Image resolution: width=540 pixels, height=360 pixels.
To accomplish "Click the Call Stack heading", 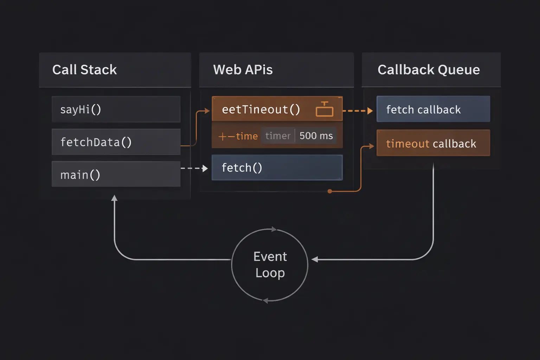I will coord(84,70).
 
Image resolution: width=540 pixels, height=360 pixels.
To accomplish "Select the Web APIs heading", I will coord(243,70).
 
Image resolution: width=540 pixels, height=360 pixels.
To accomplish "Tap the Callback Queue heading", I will coord(428,70).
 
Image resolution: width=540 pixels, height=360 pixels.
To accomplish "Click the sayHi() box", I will coord(116,109).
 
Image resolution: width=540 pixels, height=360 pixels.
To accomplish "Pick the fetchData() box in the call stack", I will coord(116,142).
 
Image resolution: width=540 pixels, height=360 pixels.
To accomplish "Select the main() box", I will coord(116,174).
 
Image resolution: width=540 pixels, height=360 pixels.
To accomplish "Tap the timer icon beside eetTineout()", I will coord(324,109).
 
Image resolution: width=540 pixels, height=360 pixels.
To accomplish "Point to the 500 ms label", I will coord(316,136).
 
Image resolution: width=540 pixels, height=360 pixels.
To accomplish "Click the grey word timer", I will coord(278,136).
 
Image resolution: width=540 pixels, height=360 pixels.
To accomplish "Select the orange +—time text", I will coord(238,136).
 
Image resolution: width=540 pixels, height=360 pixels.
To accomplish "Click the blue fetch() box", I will coord(277,168).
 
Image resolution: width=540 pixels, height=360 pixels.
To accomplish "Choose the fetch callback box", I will coord(433,109).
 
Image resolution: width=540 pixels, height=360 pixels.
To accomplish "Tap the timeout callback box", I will coord(433,143).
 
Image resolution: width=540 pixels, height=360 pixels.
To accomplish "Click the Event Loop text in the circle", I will coord(270,265).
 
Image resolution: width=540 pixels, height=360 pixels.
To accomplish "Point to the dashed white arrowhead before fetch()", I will coord(205,168).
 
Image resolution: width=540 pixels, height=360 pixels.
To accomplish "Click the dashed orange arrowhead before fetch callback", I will coord(370,111).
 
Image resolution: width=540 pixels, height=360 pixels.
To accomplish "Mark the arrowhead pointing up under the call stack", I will coord(114,198).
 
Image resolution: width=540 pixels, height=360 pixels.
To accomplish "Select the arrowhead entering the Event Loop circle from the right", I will coord(315,259).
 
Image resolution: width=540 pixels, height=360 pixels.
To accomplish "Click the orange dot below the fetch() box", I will coord(330,191).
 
